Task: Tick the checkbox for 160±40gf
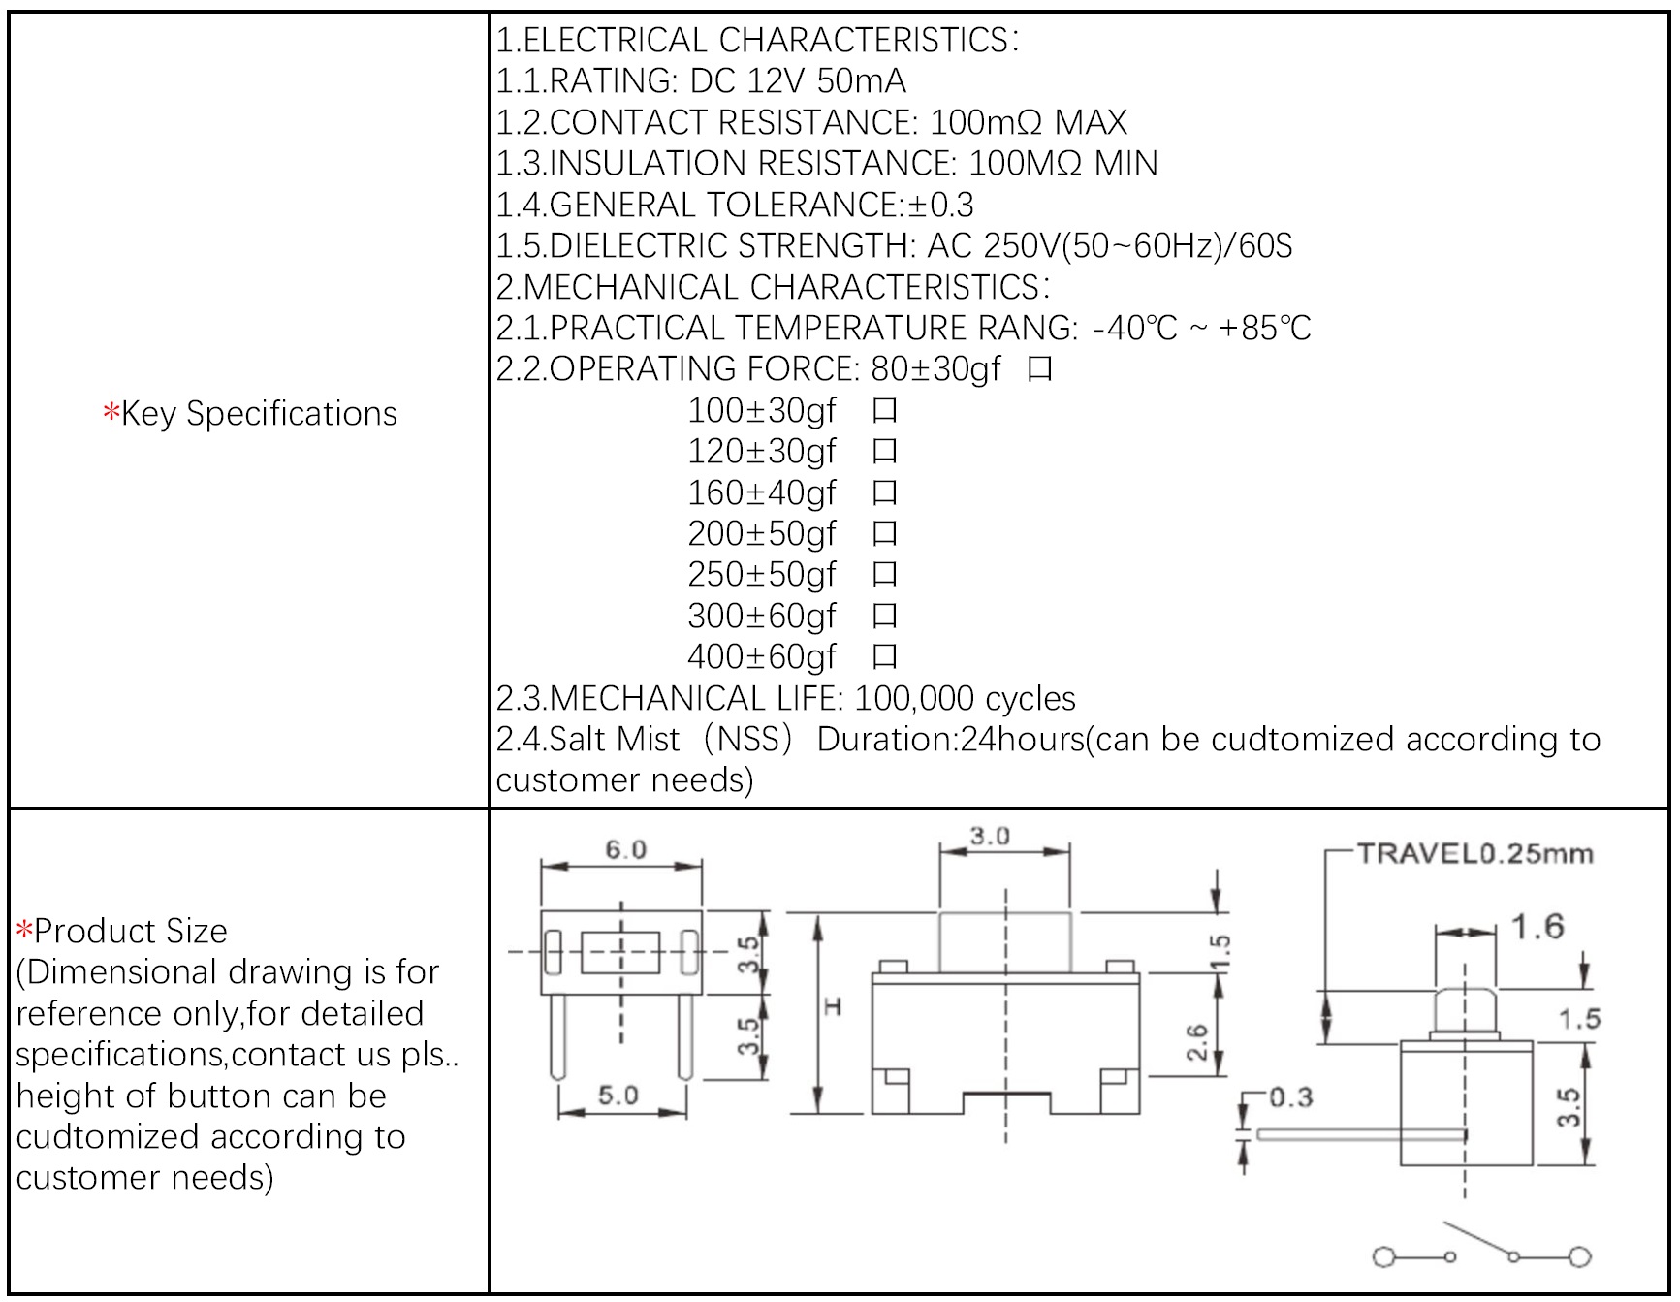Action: click(x=884, y=493)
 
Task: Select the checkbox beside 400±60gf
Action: click(x=884, y=657)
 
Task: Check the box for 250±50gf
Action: click(x=884, y=575)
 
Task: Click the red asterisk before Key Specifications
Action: click(x=111, y=413)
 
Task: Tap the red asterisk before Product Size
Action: click(x=24, y=932)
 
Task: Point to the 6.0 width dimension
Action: click(x=625, y=849)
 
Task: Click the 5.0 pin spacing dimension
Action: click(x=618, y=1096)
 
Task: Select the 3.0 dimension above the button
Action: click(x=989, y=836)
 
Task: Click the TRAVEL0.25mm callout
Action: click(x=1474, y=854)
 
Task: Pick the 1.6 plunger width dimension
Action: click(x=1537, y=927)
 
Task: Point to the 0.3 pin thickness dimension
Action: click(x=1290, y=1097)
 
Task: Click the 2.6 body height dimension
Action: click(x=1197, y=1043)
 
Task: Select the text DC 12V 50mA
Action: click(x=798, y=81)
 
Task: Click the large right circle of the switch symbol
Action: click(x=1579, y=1256)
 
